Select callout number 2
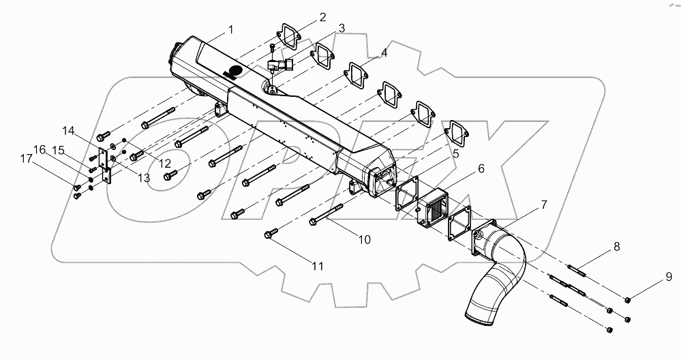point(322,17)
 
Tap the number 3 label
point(341,29)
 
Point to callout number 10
point(365,239)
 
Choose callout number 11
point(317,267)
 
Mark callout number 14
point(70,130)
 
